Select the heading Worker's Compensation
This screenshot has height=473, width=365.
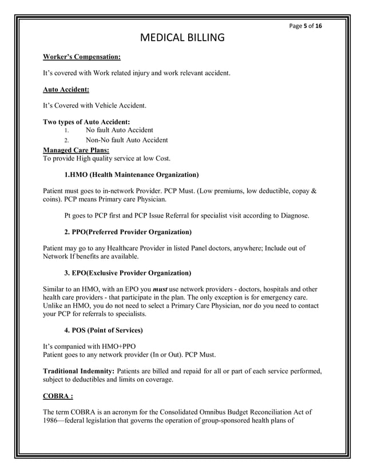click(82, 57)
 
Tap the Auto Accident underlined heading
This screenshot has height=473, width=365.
click(66, 89)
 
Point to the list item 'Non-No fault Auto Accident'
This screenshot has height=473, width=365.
click(126, 140)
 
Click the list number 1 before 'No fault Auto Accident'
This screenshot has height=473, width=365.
click(66, 131)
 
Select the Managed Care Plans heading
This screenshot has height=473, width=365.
click(76, 149)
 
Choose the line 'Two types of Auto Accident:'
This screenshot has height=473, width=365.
click(87, 121)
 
